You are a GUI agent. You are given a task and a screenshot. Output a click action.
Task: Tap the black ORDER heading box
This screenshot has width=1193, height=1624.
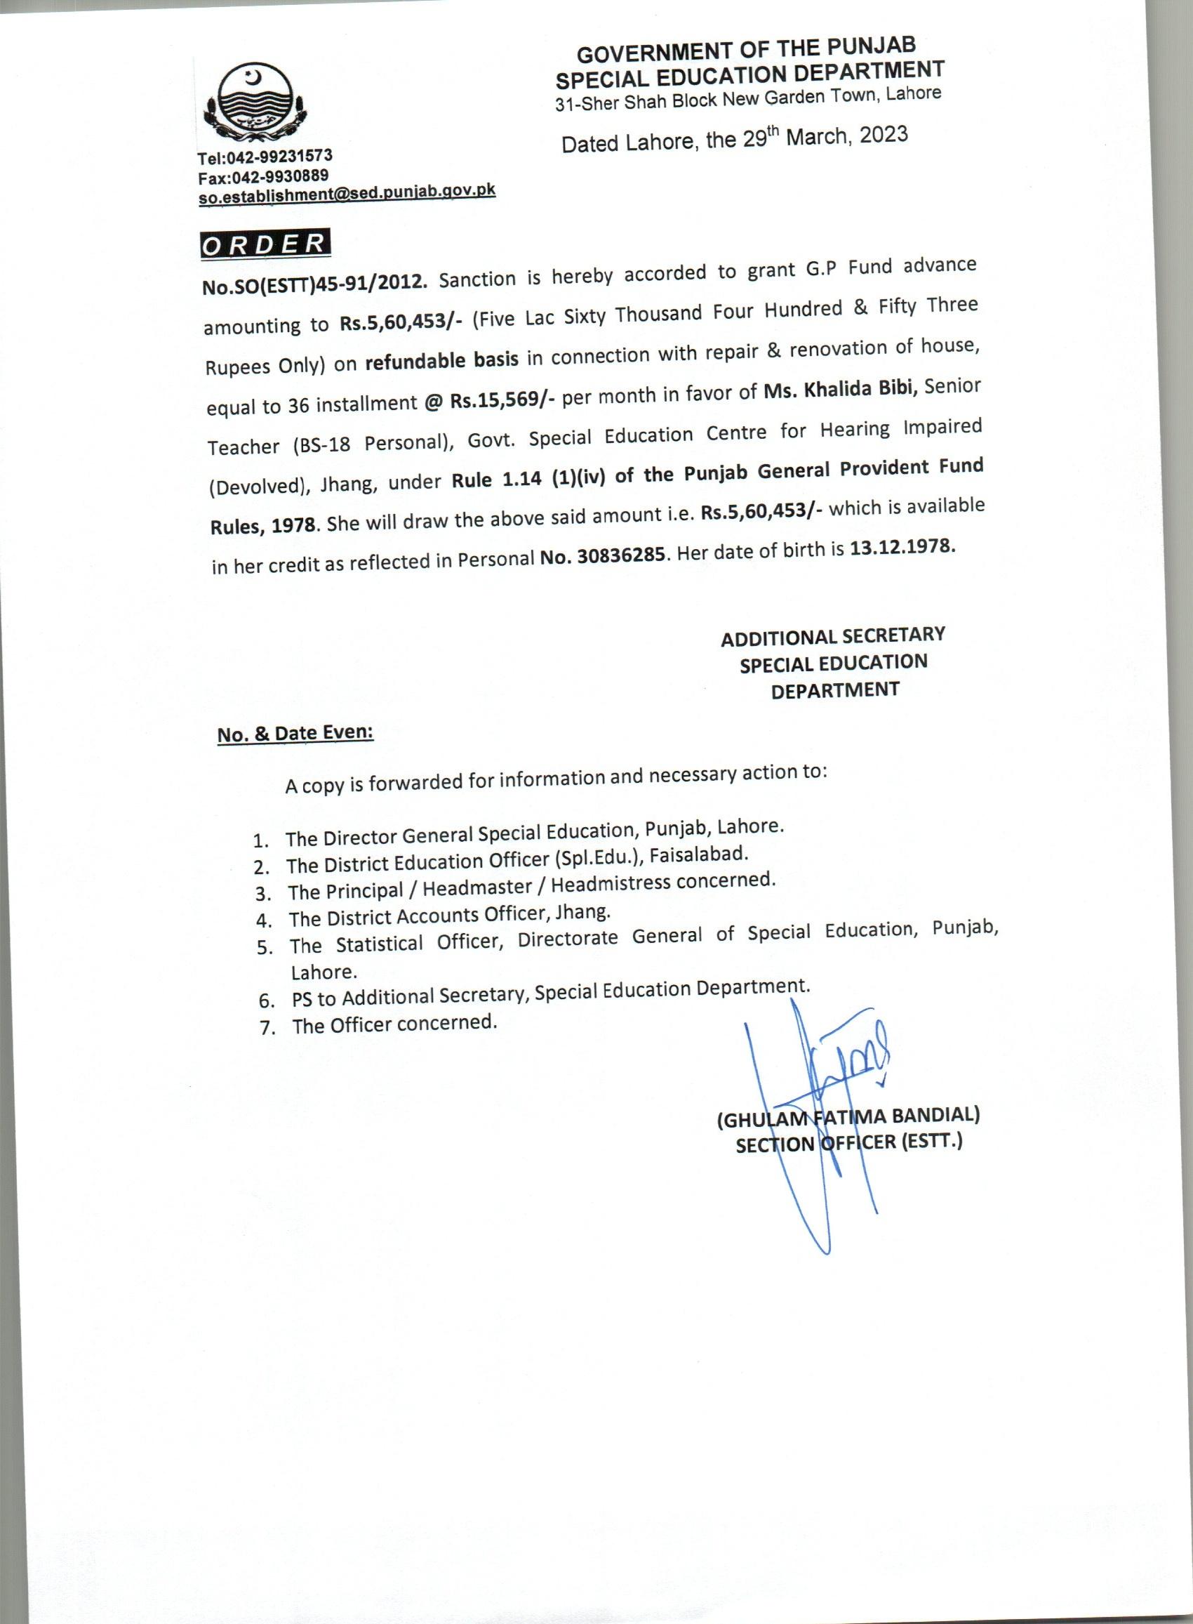[x=265, y=244]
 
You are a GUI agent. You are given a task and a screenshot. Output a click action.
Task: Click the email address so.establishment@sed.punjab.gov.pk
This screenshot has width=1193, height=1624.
[x=347, y=193]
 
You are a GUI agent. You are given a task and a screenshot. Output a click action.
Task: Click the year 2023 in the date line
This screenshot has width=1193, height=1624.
[x=884, y=135]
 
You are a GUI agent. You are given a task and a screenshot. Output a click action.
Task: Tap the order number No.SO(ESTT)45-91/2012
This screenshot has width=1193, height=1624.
[x=316, y=284]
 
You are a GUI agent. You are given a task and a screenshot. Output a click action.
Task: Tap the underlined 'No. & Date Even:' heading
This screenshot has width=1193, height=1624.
[x=295, y=733]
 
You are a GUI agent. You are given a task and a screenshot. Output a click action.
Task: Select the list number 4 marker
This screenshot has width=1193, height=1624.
[x=263, y=920]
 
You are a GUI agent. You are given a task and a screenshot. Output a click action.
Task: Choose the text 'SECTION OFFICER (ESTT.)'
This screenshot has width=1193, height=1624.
[x=848, y=1144]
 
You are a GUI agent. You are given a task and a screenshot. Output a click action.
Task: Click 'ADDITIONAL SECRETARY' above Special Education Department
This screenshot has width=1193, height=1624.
[x=833, y=636]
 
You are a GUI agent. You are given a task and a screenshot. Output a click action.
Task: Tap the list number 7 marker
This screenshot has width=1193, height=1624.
[x=267, y=1028]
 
